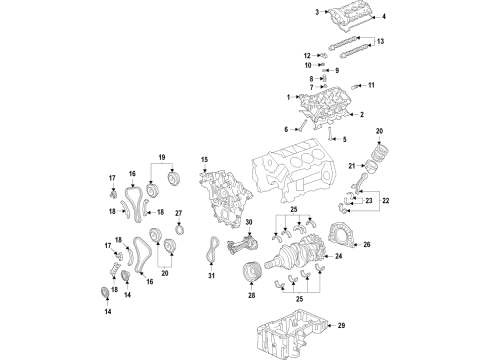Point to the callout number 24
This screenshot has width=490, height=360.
pyautogui.click(x=340, y=257)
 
